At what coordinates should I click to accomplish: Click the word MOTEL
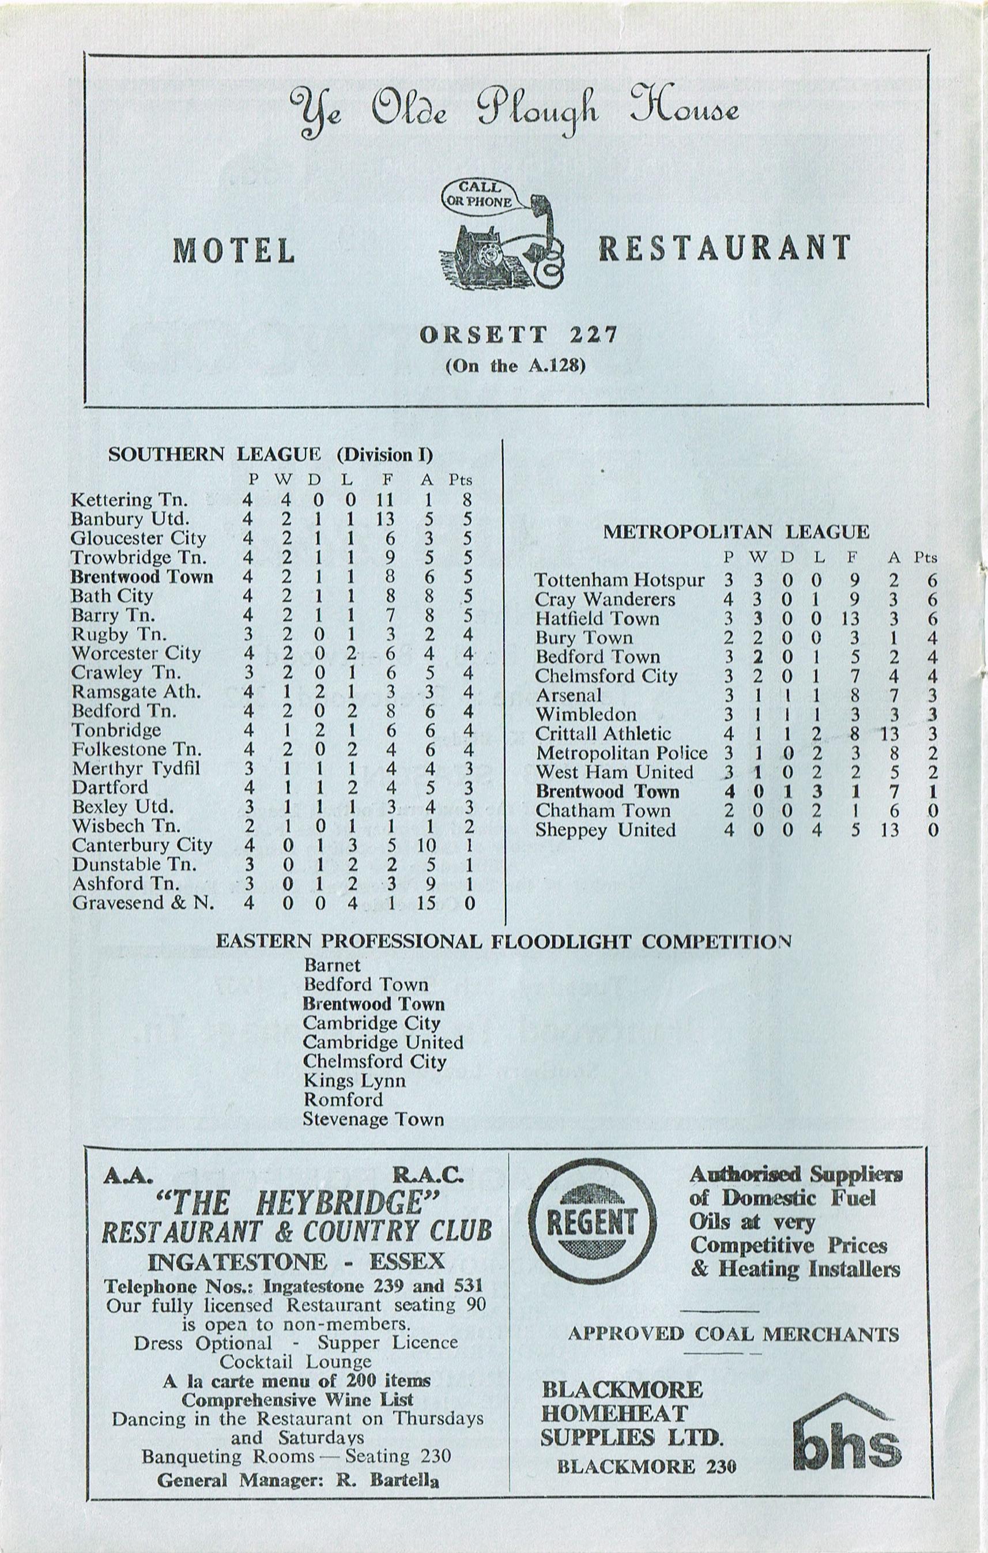coord(234,250)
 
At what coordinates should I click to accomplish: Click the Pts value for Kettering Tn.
coord(467,500)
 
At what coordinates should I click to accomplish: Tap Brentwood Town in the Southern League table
coord(142,576)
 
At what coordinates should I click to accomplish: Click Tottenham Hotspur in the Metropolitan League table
coord(620,581)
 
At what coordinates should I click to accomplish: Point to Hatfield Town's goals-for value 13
coord(850,619)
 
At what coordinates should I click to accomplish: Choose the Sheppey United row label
coord(605,830)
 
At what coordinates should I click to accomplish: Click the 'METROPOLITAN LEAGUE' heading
coord(736,532)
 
